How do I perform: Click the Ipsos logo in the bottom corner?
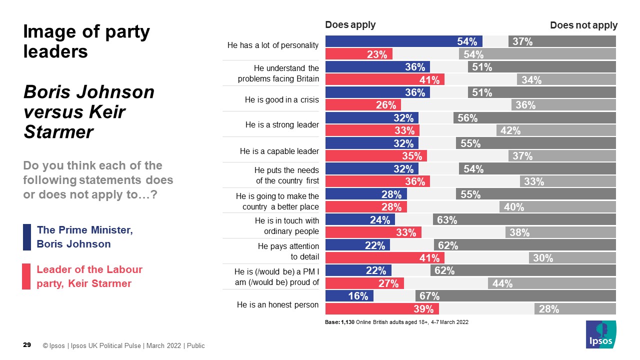601,335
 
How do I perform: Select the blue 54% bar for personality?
403,41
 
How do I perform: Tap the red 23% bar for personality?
359,54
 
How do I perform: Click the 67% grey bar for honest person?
515,295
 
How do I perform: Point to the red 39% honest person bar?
382,308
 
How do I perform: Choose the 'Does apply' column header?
350,25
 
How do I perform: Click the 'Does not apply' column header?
583,25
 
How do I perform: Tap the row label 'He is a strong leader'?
282,124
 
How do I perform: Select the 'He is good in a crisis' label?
281,99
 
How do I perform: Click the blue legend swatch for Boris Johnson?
27,237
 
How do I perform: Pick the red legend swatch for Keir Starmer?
27,276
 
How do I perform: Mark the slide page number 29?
27,345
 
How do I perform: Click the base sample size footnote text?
396,322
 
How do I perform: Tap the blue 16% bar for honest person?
349,295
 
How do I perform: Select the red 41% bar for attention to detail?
385,257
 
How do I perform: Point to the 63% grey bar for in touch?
524,219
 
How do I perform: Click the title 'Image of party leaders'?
87,41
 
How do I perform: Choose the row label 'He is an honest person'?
277,304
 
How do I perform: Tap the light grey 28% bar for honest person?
575,308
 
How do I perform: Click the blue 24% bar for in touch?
360,219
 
